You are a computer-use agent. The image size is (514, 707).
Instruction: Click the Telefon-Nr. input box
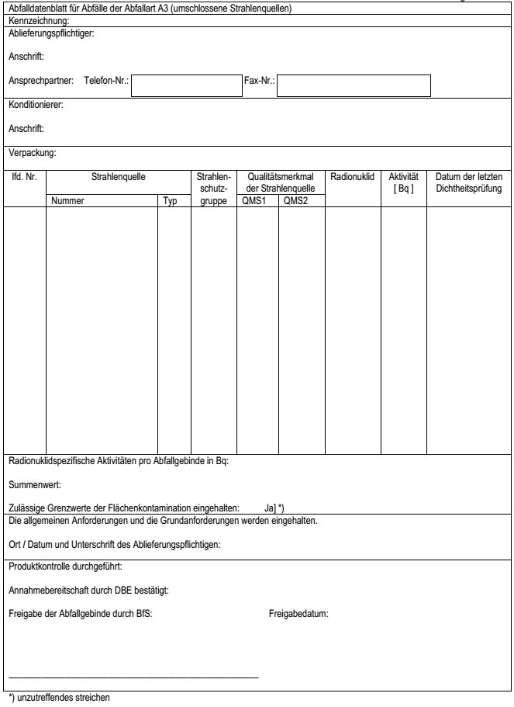(x=186, y=85)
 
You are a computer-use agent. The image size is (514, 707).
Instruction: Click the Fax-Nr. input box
(x=354, y=85)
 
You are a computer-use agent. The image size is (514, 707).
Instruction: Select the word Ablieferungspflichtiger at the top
(x=50, y=33)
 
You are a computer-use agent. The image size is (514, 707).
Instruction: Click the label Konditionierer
(x=36, y=104)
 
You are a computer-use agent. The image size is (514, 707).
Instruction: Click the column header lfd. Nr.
(x=25, y=177)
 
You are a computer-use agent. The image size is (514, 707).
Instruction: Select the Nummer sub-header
(x=67, y=201)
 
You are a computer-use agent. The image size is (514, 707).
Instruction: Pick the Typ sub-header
(x=171, y=201)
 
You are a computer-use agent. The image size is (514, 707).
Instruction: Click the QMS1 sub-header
(x=255, y=201)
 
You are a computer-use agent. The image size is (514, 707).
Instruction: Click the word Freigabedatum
(x=298, y=614)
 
